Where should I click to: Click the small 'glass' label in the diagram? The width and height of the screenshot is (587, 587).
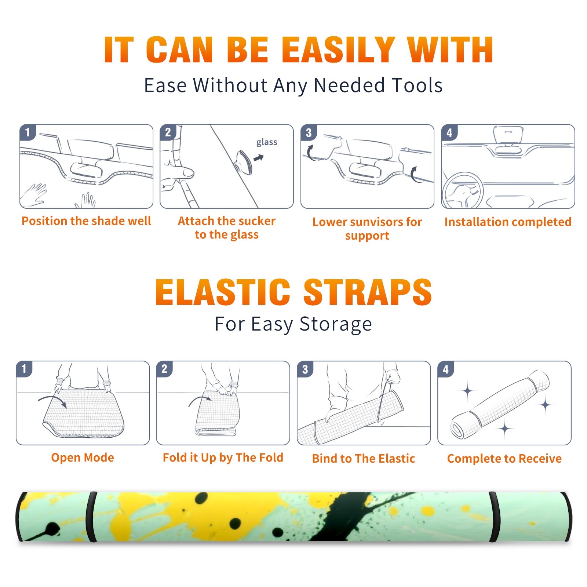[x=267, y=142]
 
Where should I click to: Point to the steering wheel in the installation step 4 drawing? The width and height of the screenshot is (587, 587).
[x=463, y=190]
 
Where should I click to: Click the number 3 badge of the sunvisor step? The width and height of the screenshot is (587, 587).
[x=309, y=132]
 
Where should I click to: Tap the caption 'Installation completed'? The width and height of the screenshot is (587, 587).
[x=508, y=222]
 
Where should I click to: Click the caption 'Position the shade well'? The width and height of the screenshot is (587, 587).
[x=86, y=221]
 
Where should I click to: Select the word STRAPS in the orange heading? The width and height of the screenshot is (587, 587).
[x=368, y=292]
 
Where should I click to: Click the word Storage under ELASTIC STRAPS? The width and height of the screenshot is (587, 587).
[x=336, y=324]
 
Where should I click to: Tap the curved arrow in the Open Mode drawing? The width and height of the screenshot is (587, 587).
[x=52, y=401]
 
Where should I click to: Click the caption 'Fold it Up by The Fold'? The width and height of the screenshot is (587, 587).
[x=223, y=457]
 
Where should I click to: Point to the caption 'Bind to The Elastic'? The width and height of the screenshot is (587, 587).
[x=364, y=459]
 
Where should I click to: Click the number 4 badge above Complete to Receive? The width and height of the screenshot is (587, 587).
[x=446, y=369]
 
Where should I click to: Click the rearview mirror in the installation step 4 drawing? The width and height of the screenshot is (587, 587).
[x=508, y=134]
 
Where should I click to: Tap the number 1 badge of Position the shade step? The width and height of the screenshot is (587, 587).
[x=28, y=132]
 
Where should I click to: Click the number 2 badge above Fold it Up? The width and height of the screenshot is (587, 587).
[x=164, y=369]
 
